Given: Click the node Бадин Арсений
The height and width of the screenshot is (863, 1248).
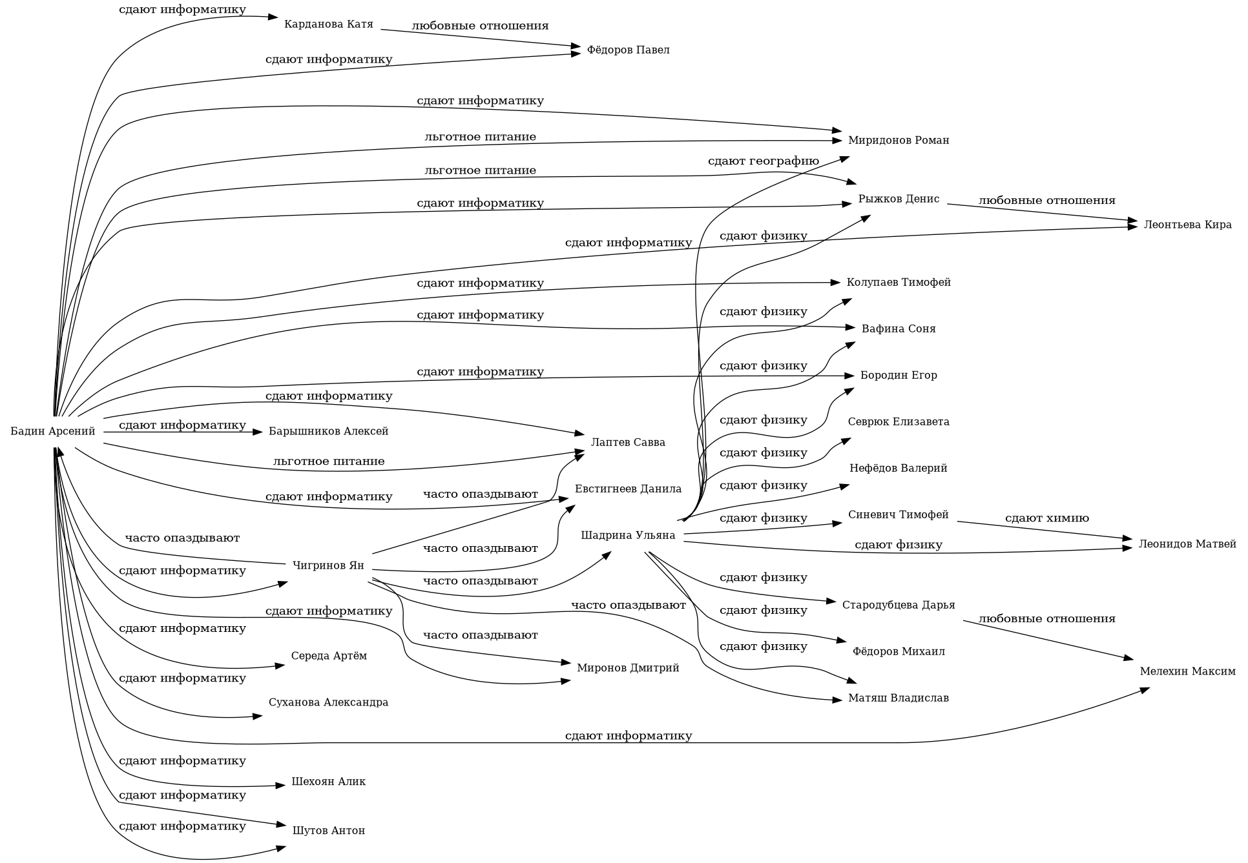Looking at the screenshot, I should [x=53, y=431].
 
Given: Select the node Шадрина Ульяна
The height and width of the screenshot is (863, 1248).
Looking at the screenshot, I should [x=628, y=535].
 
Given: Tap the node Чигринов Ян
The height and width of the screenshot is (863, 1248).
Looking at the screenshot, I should [x=328, y=566].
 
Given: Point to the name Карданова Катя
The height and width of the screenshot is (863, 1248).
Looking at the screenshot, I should [x=328, y=25].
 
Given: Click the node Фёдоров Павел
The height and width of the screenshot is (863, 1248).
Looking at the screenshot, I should [x=628, y=50].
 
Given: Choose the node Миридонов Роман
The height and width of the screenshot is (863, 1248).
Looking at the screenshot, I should [x=898, y=141].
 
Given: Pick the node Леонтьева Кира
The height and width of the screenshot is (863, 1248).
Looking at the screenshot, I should [x=1187, y=225].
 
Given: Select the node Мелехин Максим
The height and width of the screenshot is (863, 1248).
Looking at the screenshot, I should [x=1187, y=671].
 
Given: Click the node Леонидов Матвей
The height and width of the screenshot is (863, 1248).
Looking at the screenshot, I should [x=1187, y=544].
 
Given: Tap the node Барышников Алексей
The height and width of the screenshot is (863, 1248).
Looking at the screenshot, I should [x=328, y=431].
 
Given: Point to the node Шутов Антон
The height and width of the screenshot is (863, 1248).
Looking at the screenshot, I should [x=328, y=831].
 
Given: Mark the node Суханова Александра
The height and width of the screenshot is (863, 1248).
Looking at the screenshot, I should [x=328, y=702].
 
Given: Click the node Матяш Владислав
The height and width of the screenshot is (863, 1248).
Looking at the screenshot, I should [x=898, y=698].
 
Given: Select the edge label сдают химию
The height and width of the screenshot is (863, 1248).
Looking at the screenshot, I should [x=1046, y=518].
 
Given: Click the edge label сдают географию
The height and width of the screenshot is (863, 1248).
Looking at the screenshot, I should [x=763, y=161].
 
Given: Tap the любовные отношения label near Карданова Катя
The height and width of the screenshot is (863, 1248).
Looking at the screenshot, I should [x=480, y=26].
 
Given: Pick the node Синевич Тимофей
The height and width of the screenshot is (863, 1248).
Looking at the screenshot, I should [x=898, y=515].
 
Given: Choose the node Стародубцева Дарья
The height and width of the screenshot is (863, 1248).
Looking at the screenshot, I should [x=898, y=605].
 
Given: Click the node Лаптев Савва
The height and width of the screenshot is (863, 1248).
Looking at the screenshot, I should [x=628, y=443].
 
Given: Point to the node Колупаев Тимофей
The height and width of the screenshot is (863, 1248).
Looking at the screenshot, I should [x=898, y=283].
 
